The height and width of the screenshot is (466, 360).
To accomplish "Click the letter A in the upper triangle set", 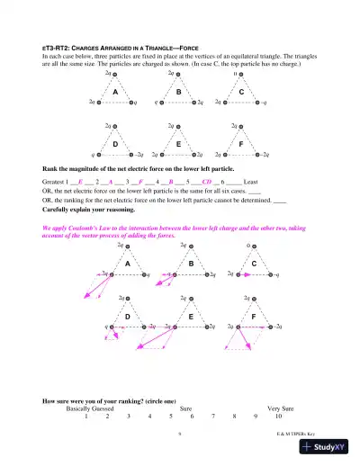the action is [x=115, y=93].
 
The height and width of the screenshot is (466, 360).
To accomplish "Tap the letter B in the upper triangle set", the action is [x=179, y=93].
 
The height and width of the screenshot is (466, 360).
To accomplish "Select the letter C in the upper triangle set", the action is [x=242, y=93].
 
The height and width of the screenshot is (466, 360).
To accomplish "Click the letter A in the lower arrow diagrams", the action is [x=128, y=264].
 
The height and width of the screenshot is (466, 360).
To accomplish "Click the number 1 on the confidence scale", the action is [x=85, y=416].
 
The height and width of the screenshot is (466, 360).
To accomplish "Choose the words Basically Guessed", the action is [x=90, y=408].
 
